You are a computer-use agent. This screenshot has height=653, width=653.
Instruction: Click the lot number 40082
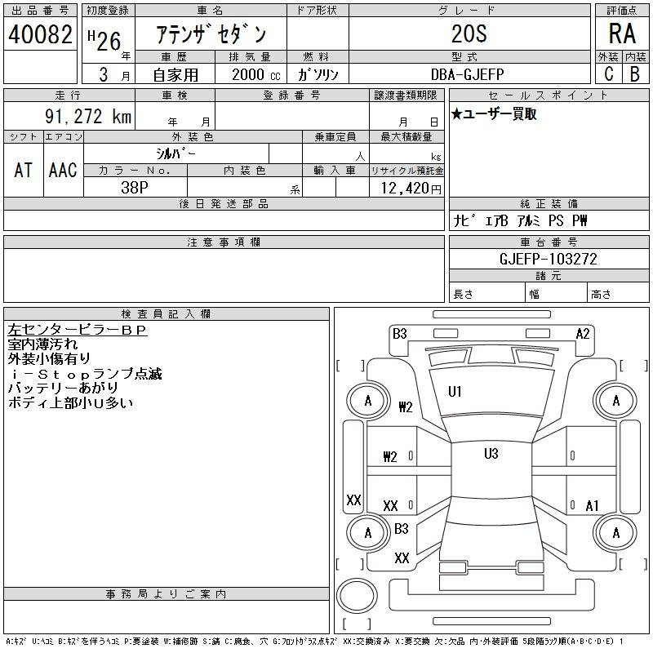(40, 34)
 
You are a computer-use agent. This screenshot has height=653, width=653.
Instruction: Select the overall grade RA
(622, 33)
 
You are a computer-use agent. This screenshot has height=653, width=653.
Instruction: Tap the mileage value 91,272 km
(88, 116)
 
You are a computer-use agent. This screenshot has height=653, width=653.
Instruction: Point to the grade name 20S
(469, 33)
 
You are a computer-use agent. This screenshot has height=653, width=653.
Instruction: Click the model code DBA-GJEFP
(467, 74)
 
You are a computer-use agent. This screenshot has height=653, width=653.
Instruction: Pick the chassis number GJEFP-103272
(548, 259)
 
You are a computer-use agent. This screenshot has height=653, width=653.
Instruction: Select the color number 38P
(135, 188)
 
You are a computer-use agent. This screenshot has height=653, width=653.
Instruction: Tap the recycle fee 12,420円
(411, 189)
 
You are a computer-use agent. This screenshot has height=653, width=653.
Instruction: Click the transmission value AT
(24, 170)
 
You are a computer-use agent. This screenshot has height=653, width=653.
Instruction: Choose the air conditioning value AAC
(63, 170)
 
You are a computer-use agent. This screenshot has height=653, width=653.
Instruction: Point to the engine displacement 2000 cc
(255, 74)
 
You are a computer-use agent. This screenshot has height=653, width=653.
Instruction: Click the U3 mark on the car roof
(491, 454)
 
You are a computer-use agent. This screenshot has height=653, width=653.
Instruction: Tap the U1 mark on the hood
(455, 392)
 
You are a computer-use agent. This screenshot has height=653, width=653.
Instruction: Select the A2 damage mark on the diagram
(583, 334)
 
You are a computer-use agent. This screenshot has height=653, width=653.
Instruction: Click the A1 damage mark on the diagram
(592, 506)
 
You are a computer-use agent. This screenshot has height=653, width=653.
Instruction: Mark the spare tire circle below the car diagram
(357, 596)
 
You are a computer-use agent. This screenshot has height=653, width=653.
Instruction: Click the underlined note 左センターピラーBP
(78, 330)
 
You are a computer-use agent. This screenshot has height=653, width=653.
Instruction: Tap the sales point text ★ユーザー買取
(494, 113)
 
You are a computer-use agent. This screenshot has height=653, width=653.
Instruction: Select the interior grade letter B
(635, 74)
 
